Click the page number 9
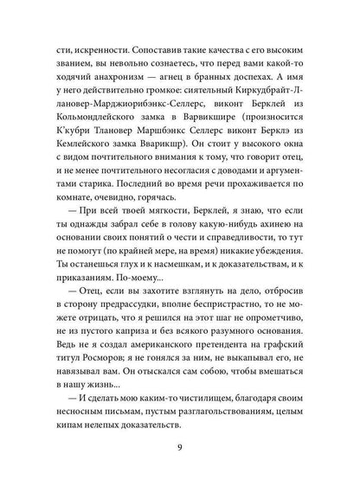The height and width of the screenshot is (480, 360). (179, 449)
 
